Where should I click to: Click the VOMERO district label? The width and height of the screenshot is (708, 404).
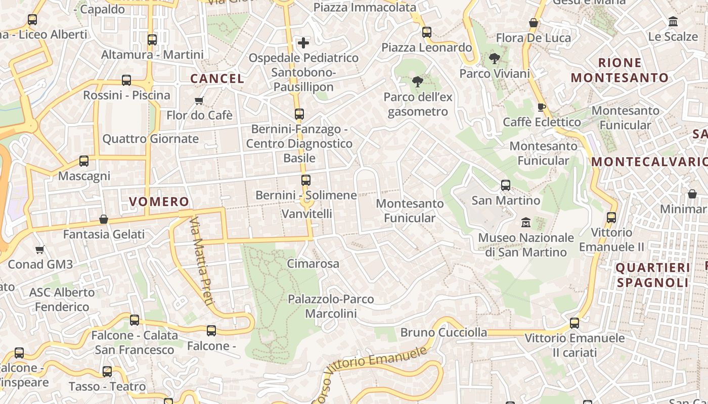159,202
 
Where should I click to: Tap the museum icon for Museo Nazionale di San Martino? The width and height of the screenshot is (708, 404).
526,222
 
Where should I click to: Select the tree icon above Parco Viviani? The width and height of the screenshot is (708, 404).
495,59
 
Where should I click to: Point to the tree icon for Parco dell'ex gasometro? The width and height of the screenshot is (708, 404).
418,82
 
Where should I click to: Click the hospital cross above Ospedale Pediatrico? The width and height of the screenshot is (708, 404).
303,43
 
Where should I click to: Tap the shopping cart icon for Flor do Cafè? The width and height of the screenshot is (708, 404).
199,100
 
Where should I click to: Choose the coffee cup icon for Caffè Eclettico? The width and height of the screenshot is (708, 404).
541,107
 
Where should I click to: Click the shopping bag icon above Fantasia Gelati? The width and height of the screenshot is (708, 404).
104,219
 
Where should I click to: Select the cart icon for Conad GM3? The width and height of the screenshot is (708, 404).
40,249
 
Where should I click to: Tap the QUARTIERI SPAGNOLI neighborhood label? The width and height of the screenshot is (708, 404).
652,275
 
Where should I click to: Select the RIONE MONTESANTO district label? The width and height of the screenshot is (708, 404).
619,70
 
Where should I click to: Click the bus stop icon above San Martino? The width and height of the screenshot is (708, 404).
506,185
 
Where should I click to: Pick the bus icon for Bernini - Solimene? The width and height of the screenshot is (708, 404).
306,180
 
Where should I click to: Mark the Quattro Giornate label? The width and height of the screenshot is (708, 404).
151,139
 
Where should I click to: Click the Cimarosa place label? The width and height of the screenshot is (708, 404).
313,264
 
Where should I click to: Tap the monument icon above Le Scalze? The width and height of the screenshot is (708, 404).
673,22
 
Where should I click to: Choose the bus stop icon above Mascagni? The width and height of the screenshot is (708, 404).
84,161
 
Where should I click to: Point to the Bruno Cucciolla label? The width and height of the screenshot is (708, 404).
444,332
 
